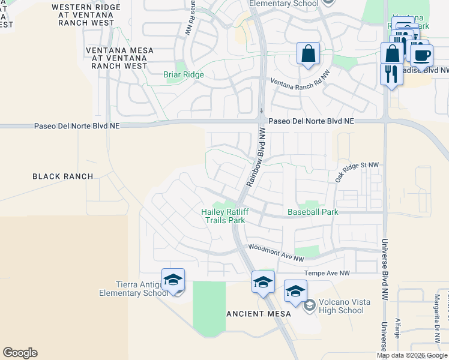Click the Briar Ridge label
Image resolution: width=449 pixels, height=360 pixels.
184,75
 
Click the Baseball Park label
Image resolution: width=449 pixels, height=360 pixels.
313,212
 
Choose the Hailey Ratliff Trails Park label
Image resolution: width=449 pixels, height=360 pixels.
224,216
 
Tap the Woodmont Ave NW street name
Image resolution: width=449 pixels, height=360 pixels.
276,252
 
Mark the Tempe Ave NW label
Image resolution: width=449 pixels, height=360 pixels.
327,273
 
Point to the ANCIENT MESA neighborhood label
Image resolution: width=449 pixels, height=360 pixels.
259,314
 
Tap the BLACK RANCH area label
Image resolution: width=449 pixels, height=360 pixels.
62,176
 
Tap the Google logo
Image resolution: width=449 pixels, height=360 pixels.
20,353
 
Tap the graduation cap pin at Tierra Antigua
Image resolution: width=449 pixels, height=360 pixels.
173,280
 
